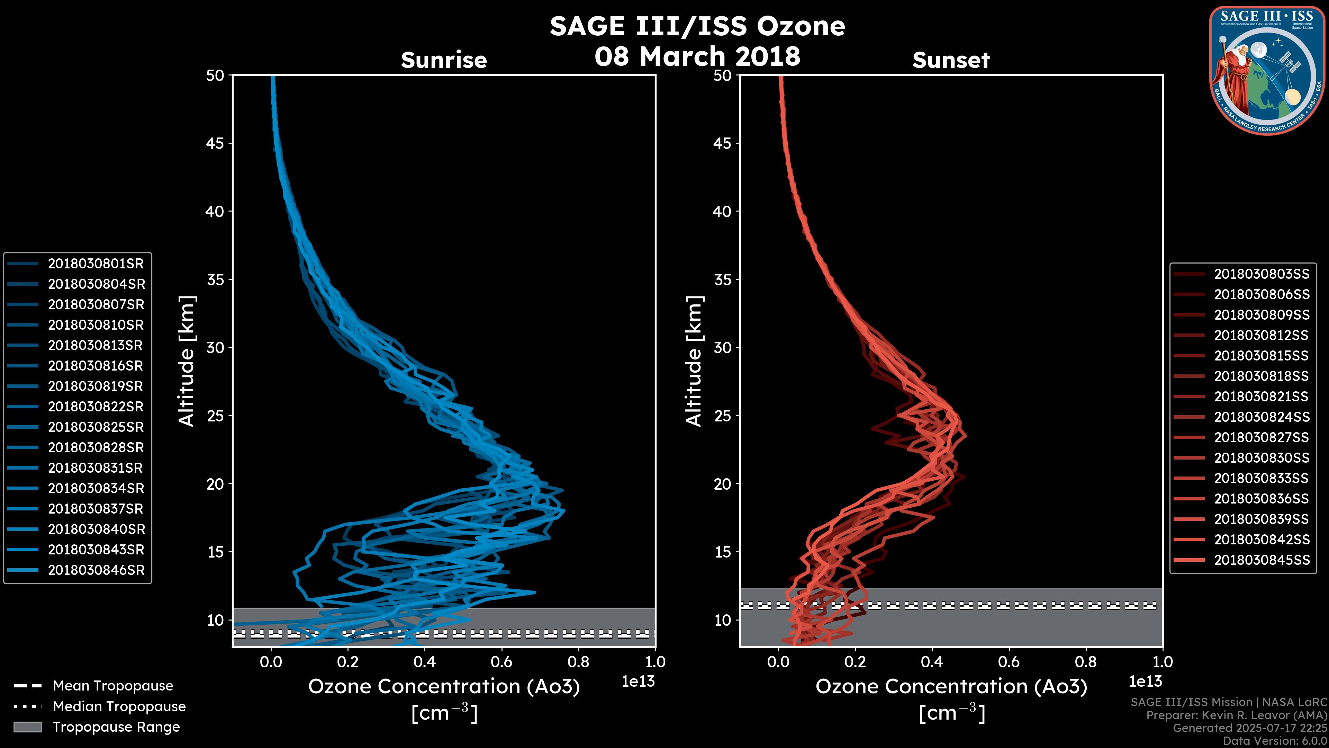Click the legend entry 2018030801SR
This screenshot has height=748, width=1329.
tap(96, 264)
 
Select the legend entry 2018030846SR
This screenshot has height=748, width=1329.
tap(96, 570)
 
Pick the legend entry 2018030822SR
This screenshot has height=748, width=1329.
tap(96, 407)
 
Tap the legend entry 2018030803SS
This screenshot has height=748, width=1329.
tap(1262, 274)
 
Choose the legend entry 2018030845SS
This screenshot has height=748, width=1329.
tap(1262, 560)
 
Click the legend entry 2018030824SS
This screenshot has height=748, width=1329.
tap(1262, 417)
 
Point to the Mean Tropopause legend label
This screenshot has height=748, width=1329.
tap(113, 686)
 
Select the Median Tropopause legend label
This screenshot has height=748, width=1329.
tap(119, 707)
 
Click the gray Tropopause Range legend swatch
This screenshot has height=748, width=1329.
tap(27, 727)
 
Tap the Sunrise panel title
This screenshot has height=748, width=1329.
tap(444, 60)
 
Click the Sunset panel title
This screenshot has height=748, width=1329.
tap(951, 60)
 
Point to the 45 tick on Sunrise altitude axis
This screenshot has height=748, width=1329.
tap(215, 143)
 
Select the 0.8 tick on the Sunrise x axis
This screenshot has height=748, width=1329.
tap(578, 662)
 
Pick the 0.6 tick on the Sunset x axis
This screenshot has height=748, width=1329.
tap(1009, 662)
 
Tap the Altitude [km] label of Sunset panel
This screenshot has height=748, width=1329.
tap(694, 361)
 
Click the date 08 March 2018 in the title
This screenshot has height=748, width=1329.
tap(697, 56)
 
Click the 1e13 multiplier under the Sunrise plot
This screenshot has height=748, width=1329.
tap(638, 682)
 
